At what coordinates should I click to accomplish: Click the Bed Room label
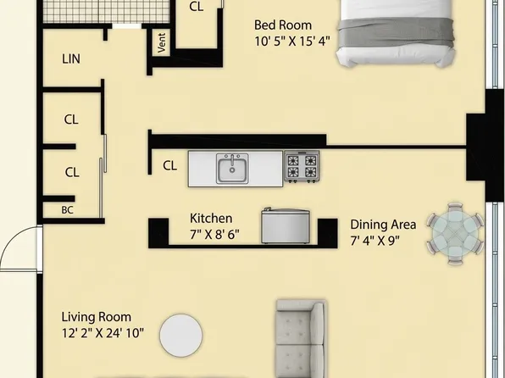point(283,25)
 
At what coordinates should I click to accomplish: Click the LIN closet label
point(71,59)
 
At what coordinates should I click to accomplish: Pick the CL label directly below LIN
point(71,120)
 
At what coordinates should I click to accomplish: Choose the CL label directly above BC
point(71,172)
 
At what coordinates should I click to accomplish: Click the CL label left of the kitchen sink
point(169,165)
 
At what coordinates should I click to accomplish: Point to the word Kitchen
point(211,218)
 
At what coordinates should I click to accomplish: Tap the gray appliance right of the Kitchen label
point(285,225)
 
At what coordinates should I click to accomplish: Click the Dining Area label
point(383,225)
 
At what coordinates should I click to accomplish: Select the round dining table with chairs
point(454,231)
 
